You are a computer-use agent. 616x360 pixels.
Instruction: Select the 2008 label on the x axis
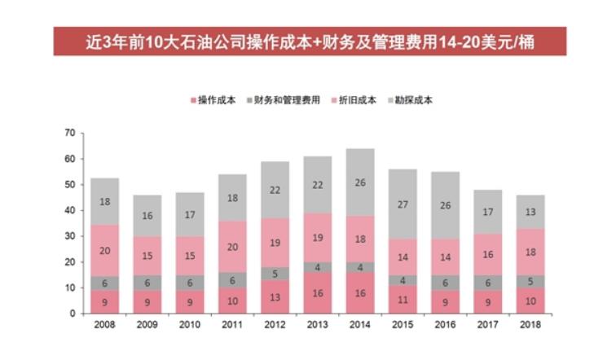click(x=104, y=326)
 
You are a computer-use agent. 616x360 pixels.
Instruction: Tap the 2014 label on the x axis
click(x=359, y=326)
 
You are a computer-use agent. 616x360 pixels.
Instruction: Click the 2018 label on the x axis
click(x=530, y=326)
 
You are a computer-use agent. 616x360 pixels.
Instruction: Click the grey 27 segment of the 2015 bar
click(x=402, y=204)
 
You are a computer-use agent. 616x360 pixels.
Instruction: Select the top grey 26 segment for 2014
click(x=359, y=182)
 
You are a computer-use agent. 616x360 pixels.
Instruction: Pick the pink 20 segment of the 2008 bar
click(x=104, y=251)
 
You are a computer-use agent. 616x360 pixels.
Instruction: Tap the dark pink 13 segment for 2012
click(x=275, y=297)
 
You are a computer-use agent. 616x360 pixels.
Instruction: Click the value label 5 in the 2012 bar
click(x=275, y=274)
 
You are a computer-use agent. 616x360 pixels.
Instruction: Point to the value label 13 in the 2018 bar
click(x=530, y=213)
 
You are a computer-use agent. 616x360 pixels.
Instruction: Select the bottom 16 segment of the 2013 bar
click(x=317, y=293)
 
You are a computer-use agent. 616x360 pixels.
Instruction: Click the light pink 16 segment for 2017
click(x=487, y=255)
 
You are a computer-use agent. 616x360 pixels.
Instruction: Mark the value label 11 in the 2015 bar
click(x=402, y=300)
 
